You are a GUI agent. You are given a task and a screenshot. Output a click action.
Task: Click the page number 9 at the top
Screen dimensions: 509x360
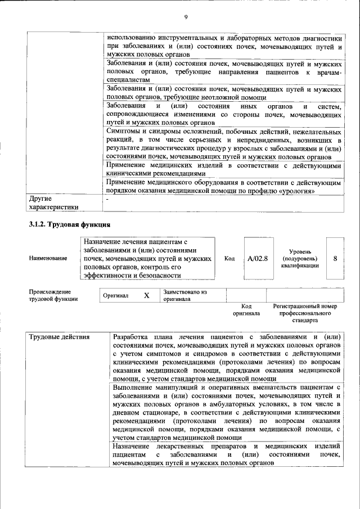pyautogui.click(x=185, y=16)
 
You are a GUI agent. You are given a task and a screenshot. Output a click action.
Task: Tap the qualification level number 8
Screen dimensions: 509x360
pyautogui.click(x=335, y=258)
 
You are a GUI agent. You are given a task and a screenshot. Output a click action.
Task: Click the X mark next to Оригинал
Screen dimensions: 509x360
pyautogui.click(x=146, y=295)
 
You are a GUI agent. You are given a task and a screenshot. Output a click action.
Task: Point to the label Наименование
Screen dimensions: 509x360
pyautogui.click(x=48, y=258)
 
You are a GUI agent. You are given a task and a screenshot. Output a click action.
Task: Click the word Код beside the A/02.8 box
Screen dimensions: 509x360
pyautogui.click(x=229, y=258)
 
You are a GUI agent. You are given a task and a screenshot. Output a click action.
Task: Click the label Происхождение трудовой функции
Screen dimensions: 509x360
pyautogui.click(x=50, y=295)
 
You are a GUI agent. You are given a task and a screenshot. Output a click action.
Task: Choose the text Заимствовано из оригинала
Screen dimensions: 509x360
pyautogui.click(x=186, y=296)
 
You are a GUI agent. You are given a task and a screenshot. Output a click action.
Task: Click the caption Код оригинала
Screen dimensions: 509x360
pyautogui.click(x=246, y=309)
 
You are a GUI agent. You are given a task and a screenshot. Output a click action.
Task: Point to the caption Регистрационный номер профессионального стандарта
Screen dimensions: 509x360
pyautogui.click(x=304, y=313)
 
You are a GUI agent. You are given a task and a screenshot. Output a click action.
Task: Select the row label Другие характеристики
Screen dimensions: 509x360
pyautogui.click(x=53, y=202)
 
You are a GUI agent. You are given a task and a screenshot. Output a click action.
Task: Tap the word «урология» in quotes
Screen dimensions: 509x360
pyautogui.click(x=292, y=191)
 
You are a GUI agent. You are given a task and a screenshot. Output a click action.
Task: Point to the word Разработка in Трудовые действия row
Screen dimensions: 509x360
pyautogui.click(x=133, y=337)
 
